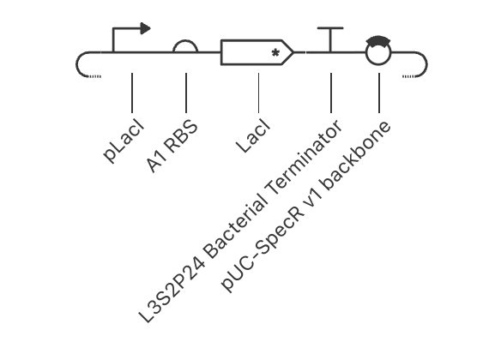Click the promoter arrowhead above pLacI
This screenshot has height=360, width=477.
click(x=145, y=28)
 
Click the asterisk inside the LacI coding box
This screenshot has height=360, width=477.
click(x=275, y=53)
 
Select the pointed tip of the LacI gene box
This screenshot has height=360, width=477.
click(x=293, y=52)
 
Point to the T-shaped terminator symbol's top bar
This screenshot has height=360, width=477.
click(x=330, y=28)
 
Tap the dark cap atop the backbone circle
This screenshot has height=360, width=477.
click(x=378, y=40)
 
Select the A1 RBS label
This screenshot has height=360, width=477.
click(x=172, y=146)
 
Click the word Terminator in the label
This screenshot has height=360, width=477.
click(x=305, y=158)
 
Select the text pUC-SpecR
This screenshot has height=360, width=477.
click(x=263, y=249)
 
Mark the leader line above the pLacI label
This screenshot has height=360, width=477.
click(x=132, y=93)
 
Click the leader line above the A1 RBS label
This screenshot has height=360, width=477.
click(x=186, y=93)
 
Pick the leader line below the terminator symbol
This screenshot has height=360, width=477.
click(x=331, y=93)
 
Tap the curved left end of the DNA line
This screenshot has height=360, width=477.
click(x=76, y=64)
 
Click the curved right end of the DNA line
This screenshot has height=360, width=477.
click(x=426, y=64)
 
